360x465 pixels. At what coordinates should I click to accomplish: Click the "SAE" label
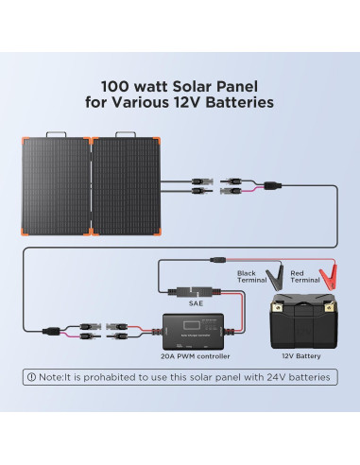(x=196, y=302)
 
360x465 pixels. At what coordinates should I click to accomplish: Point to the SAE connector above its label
(x=196, y=290)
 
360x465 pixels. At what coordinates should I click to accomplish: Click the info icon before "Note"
(x=32, y=377)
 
